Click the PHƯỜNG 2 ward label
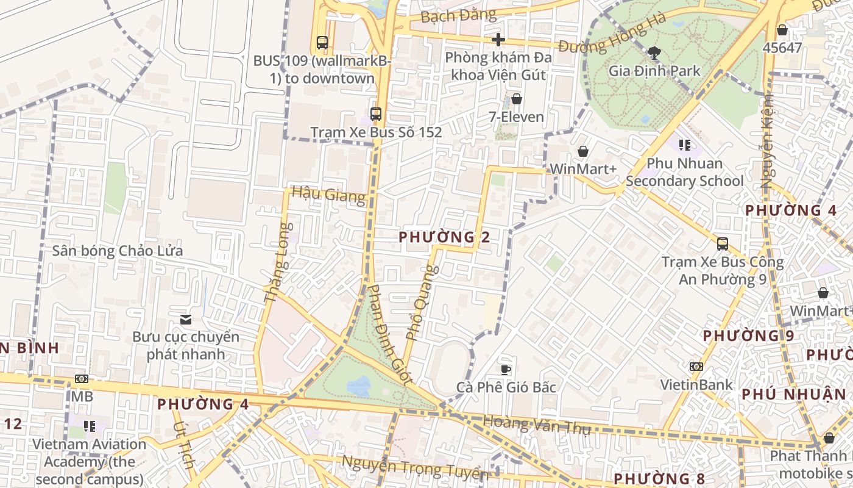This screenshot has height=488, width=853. (x=444, y=237)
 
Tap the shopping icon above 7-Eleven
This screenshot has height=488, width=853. (x=517, y=99)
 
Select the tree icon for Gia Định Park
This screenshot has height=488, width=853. (x=655, y=53)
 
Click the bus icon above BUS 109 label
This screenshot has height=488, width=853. (x=322, y=43)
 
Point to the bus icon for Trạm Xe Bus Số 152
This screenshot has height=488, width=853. (x=376, y=114)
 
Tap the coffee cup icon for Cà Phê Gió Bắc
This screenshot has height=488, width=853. (x=506, y=369)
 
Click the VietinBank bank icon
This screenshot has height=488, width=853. (x=696, y=367)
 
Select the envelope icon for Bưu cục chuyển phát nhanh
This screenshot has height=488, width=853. (x=186, y=319)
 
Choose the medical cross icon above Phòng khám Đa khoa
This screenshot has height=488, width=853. (x=498, y=40)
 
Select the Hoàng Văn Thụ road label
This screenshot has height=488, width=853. (x=536, y=425)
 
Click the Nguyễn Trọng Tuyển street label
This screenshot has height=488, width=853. (x=414, y=467)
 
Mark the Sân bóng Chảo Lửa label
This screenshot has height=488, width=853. (x=117, y=251)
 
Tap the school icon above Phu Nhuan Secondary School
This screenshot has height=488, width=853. (x=685, y=145)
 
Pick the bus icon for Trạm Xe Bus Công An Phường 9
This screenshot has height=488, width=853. (x=723, y=244)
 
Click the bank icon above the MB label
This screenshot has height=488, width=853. (x=82, y=379)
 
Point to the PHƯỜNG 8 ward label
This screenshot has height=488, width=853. (x=659, y=478)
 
